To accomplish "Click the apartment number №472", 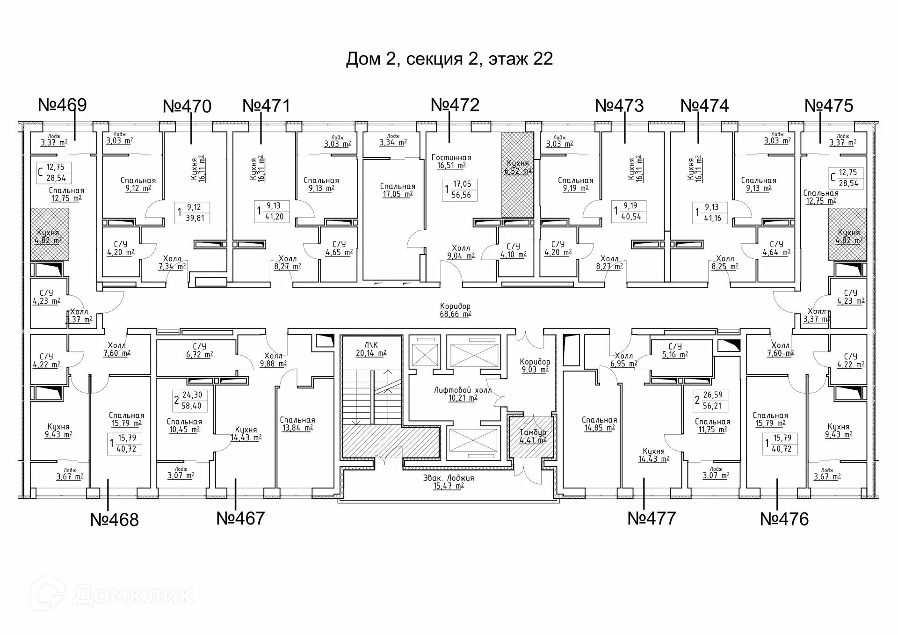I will (x=455, y=105).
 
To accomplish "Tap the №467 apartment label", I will (x=240, y=518).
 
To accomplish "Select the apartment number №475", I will (x=828, y=106).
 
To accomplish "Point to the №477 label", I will (x=652, y=518).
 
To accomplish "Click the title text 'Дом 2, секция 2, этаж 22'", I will (x=449, y=59).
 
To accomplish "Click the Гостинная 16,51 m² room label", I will (x=451, y=161).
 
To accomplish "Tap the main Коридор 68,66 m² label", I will (x=455, y=310).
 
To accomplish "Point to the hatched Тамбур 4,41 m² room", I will (x=532, y=436).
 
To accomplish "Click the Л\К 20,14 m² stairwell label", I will (x=371, y=349).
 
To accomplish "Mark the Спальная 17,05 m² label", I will (x=398, y=190).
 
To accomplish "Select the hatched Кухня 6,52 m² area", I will (x=517, y=174).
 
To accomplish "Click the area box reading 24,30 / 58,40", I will (x=188, y=401).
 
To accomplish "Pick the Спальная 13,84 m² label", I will (x=297, y=424).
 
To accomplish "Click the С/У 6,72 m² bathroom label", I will (x=199, y=350).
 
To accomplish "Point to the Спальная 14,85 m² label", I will (x=599, y=424).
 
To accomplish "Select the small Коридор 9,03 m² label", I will (x=535, y=365).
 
